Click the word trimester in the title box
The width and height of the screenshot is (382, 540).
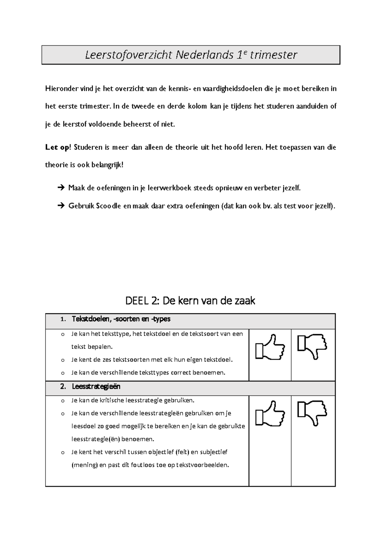pyautogui.click(x=274, y=55)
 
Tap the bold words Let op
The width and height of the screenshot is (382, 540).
pyautogui.click(x=57, y=147)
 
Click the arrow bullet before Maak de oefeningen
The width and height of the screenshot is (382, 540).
pyautogui.click(x=61, y=188)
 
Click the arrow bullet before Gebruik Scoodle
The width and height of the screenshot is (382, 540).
pyautogui.click(x=61, y=206)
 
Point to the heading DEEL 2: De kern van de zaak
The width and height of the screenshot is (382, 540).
pyautogui.click(x=190, y=301)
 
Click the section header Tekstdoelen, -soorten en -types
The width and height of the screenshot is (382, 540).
pyautogui.click(x=121, y=319)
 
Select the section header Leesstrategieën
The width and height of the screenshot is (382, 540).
pyautogui.click(x=96, y=387)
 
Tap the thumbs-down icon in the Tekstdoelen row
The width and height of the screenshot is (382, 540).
pyautogui.click(x=312, y=346)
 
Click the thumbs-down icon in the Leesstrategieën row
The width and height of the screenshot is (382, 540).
pyautogui.click(x=312, y=413)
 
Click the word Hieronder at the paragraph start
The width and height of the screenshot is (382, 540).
pyautogui.click(x=61, y=89)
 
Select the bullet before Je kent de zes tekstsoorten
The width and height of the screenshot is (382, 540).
pyautogui.click(x=62, y=360)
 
